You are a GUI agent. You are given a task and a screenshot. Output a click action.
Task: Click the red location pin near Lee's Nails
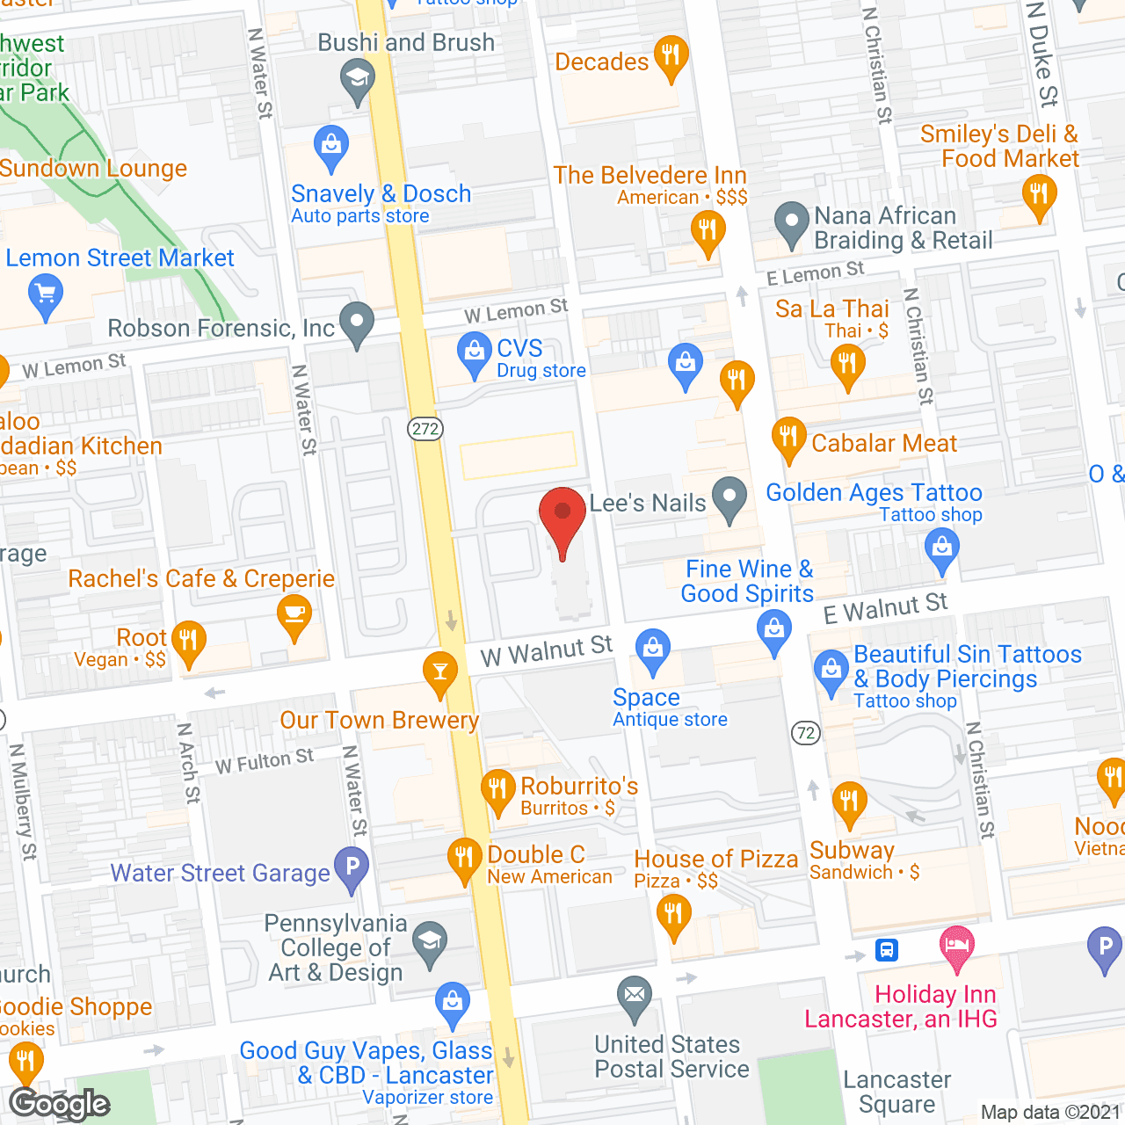click(x=562, y=519)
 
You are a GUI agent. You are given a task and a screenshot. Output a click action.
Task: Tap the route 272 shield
click(x=425, y=429)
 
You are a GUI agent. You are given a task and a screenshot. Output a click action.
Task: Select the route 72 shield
click(x=806, y=733)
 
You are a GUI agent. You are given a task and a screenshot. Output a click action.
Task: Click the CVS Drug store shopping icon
click(x=475, y=354)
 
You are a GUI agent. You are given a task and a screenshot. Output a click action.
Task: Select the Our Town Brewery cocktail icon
click(x=440, y=673)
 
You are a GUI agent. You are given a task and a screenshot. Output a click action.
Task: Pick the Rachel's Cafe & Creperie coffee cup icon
click(x=294, y=615)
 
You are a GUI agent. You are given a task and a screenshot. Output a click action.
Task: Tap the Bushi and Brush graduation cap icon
click(x=357, y=80)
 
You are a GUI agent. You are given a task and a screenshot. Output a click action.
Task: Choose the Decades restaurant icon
click(x=671, y=57)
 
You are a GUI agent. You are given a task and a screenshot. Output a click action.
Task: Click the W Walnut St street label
click(x=546, y=651)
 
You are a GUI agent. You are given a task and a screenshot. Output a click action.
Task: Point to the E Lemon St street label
click(x=815, y=273)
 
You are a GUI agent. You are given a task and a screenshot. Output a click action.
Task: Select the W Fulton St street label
click(x=265, y=761)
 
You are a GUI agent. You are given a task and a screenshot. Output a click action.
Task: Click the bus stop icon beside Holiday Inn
click(x=886, y=949)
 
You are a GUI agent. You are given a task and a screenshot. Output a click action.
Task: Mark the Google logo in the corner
click(x=60, y=1104)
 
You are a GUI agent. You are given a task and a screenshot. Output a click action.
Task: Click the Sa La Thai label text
click(x=831, y=309)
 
